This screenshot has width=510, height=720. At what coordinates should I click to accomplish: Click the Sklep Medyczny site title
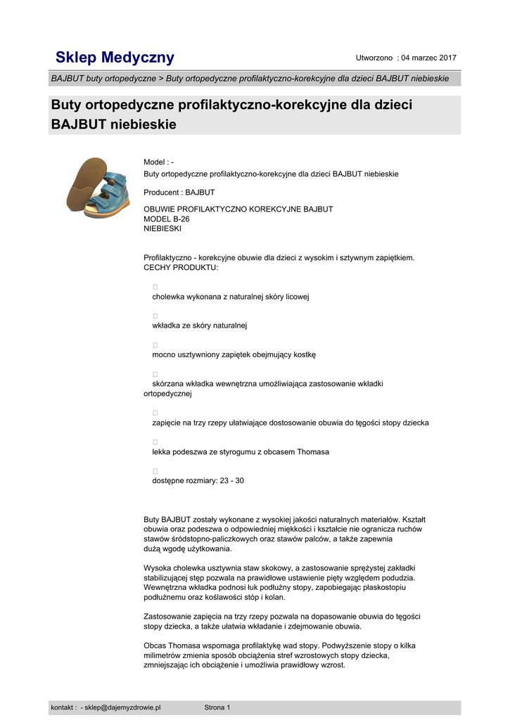[x=115, y=57]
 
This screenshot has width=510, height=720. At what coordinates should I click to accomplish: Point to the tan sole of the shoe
[x=82, y=185]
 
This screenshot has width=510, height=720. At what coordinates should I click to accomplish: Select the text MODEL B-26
[x=167, y=219]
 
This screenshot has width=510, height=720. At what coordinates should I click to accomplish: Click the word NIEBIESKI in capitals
[x=162, y=229]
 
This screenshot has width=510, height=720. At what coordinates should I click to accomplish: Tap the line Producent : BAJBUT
[x=179, y=192]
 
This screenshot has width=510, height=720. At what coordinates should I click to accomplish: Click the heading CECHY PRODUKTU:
[x=181, y=268]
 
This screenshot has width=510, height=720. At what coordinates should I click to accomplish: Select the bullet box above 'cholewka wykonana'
[x=155, y=287]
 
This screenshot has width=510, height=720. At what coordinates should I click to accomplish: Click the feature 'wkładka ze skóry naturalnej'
[x=200, y=326]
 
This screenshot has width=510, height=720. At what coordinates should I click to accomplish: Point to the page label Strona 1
[x=217, y=707]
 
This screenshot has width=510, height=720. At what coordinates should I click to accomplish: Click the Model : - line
[x=158, y=162]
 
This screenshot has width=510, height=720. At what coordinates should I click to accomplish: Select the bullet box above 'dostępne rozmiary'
[x=155, y=471]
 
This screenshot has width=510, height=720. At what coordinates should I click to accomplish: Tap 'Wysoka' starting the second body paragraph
[x=158, y=567]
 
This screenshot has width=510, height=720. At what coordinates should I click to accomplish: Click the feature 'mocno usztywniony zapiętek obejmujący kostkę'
[x=234, y=355]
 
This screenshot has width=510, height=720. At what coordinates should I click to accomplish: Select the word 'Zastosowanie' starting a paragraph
[x=167, y=616]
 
